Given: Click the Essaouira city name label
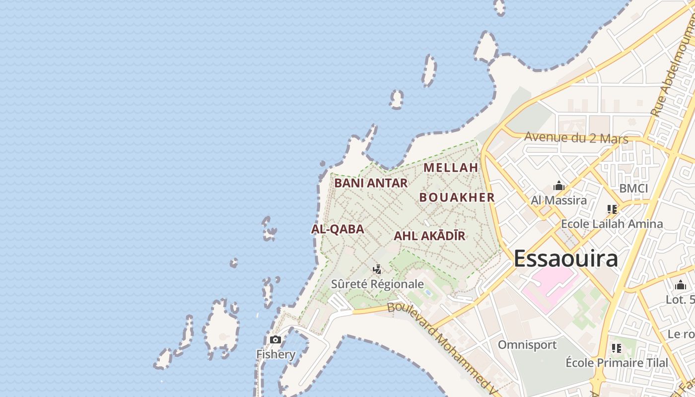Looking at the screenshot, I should coord(566,259).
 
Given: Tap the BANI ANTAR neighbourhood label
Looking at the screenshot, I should coord(371,183).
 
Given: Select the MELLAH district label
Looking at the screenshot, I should coord(451,168).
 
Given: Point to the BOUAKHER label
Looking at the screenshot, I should coord(457,198).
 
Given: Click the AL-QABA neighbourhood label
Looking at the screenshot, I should coord(338,229).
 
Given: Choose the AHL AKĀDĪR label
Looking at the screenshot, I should coord(429,236).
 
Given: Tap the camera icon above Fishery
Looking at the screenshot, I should coord(276,340).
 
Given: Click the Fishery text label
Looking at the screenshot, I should coord(276,354).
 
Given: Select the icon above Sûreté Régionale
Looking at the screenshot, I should coord(377,269).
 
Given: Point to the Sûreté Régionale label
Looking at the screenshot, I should coord(377,284).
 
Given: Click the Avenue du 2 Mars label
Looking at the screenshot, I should coord(576,137).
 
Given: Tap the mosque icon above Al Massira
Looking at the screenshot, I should coord(559,186).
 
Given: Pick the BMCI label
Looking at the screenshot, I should coord(633,189).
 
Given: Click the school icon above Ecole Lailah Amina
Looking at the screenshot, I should coord(612,209).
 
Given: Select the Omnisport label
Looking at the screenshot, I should coord(527,345).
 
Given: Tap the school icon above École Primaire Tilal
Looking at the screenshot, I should coord(617,348).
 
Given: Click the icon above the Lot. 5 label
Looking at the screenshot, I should coord(680,285).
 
